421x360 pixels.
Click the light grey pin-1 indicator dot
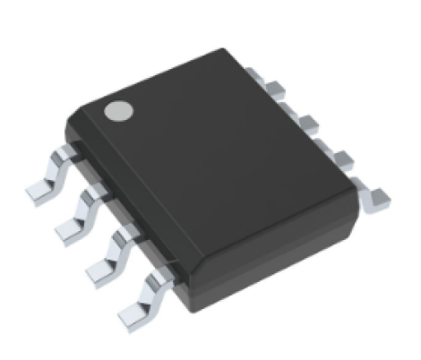(x=117, y=111)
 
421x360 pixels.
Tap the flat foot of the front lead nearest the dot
(x=39, y=190)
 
